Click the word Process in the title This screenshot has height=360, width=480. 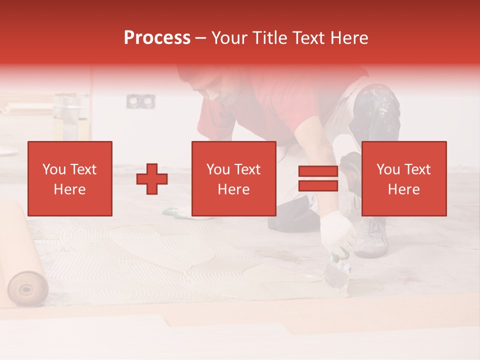pos(157,38)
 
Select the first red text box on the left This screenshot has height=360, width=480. pos(70,178)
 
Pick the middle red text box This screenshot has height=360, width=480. pos(233,178)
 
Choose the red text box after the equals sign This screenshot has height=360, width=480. pos(403,178)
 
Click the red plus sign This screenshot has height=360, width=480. pos(152,179)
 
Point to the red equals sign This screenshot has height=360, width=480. pos(318,179)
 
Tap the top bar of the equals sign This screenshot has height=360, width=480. pos(318,171)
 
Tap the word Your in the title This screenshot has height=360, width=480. pos(228,38)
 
